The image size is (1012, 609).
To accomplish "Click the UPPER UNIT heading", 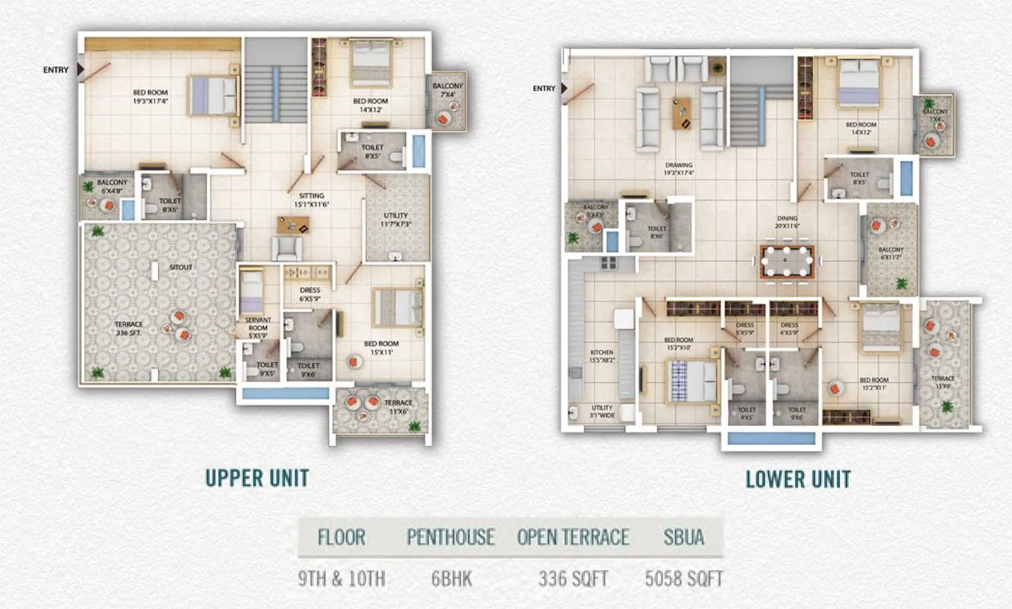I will point(257,478).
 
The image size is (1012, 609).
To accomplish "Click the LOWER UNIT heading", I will point(798,479).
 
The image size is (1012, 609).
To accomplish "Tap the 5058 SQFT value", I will point(684,579).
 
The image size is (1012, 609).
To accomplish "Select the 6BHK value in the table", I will point(452,579).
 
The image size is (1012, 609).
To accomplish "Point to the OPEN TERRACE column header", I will point(573,538).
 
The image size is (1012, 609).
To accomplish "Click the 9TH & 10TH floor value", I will point(342,579).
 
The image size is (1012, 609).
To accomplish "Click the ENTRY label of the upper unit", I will point(56,70).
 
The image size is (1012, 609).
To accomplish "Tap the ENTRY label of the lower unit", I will point(544,89).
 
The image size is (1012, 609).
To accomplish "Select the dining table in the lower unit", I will point(787,261).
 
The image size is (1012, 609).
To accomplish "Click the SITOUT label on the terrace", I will point(180,268).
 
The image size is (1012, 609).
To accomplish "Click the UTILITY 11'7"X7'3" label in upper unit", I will point(396,219).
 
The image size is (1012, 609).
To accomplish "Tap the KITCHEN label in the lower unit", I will point(602,356).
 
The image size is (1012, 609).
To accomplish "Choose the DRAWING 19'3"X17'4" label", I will point(679,169).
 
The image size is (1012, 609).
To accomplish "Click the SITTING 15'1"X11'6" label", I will point(311,200).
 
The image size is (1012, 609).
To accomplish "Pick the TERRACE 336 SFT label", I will point(129,328).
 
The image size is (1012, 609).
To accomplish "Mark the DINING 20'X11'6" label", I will point(787,221).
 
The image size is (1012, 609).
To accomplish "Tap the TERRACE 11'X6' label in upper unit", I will point(398,407).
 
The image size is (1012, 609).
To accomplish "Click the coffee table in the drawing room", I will point(682,113).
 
